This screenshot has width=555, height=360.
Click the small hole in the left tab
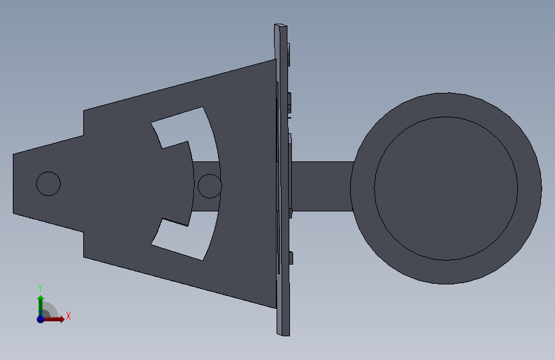pyautogui.click(x=49, y=184)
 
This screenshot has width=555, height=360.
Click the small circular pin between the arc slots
pyautogui.click(x=209, y=186)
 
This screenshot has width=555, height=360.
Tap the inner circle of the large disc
pyautogui.click(x=446, y=188)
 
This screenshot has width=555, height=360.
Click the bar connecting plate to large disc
pyautogui.click(x=322, y=186)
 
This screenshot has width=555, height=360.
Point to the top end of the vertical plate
pyautogui.click(x=280, y=26)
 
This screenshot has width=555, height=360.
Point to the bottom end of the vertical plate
pyautogui.click(x=283, y=334)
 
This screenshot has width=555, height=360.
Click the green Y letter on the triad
pyautogui.click(x=40, y=288)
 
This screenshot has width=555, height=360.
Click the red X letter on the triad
pyautogui.click(x=68, y=316)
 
